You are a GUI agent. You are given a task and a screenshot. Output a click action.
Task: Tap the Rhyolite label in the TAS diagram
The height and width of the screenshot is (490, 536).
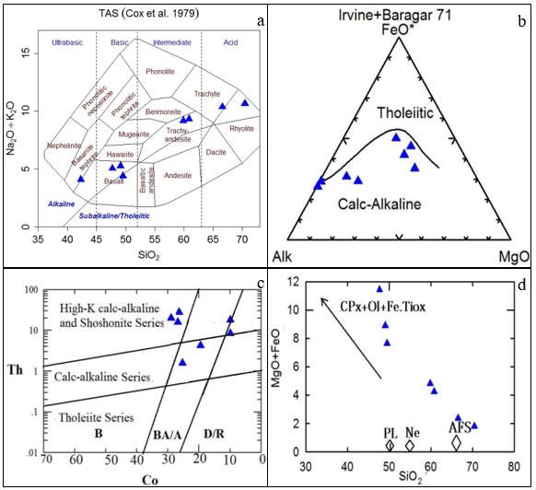coord(241,128)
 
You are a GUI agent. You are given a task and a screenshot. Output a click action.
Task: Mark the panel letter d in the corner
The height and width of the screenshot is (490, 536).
coord(520,285)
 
